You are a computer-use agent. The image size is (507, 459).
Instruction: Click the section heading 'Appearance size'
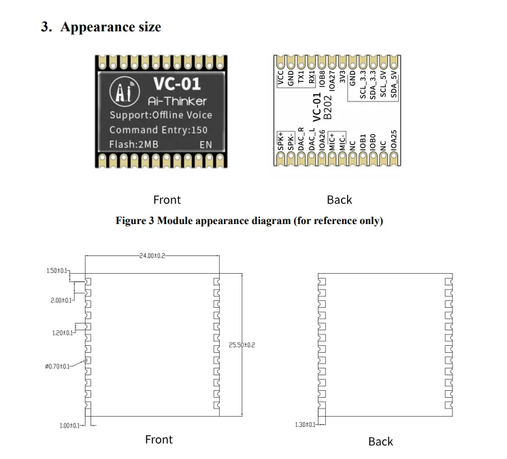111,27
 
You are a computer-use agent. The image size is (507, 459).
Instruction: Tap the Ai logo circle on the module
125,91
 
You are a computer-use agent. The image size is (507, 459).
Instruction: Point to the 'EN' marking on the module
206,144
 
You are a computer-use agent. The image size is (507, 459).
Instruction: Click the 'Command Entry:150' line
159,129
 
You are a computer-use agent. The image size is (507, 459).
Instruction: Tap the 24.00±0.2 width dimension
151,256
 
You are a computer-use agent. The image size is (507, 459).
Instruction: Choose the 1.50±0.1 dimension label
58,271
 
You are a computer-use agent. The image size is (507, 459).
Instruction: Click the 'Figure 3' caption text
249,221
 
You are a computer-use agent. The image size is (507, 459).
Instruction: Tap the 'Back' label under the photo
339,200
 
